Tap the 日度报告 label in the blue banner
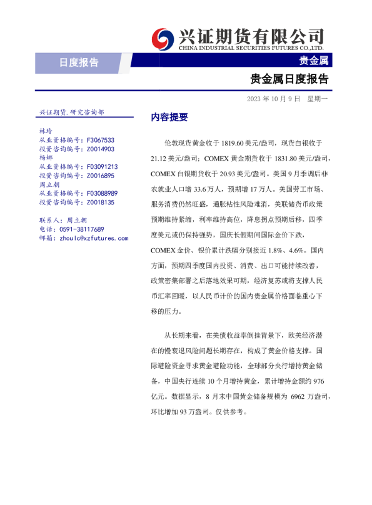79,62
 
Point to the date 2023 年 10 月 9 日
273,99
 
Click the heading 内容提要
169,117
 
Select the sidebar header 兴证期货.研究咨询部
72,112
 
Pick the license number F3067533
100,141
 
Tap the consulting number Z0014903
100,149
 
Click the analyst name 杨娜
46,158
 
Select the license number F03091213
102,167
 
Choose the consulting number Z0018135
100,202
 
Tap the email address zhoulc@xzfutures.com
93,238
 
